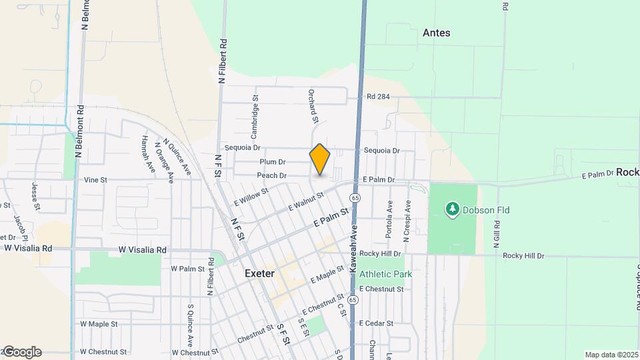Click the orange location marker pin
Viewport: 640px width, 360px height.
coord(320,159)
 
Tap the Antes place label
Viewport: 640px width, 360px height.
coord(437,33)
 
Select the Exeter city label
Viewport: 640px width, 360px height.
coord(259,273)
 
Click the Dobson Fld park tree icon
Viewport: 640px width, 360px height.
coord(453,210)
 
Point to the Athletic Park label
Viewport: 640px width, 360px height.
coord(386,274)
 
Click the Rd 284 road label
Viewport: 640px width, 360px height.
coord(378,97)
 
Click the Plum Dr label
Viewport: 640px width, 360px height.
coord(273,162)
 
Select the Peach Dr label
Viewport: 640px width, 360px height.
coord(273,176)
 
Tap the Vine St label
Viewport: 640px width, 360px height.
coord(96,180)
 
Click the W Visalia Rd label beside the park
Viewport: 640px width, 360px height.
coord(142,250)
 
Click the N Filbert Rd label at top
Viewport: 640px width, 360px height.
coord(223,61)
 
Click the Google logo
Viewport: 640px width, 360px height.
coord(21,352)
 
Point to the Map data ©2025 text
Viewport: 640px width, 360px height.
coord(611,355)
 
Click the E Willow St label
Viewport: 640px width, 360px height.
coord(251,196)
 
